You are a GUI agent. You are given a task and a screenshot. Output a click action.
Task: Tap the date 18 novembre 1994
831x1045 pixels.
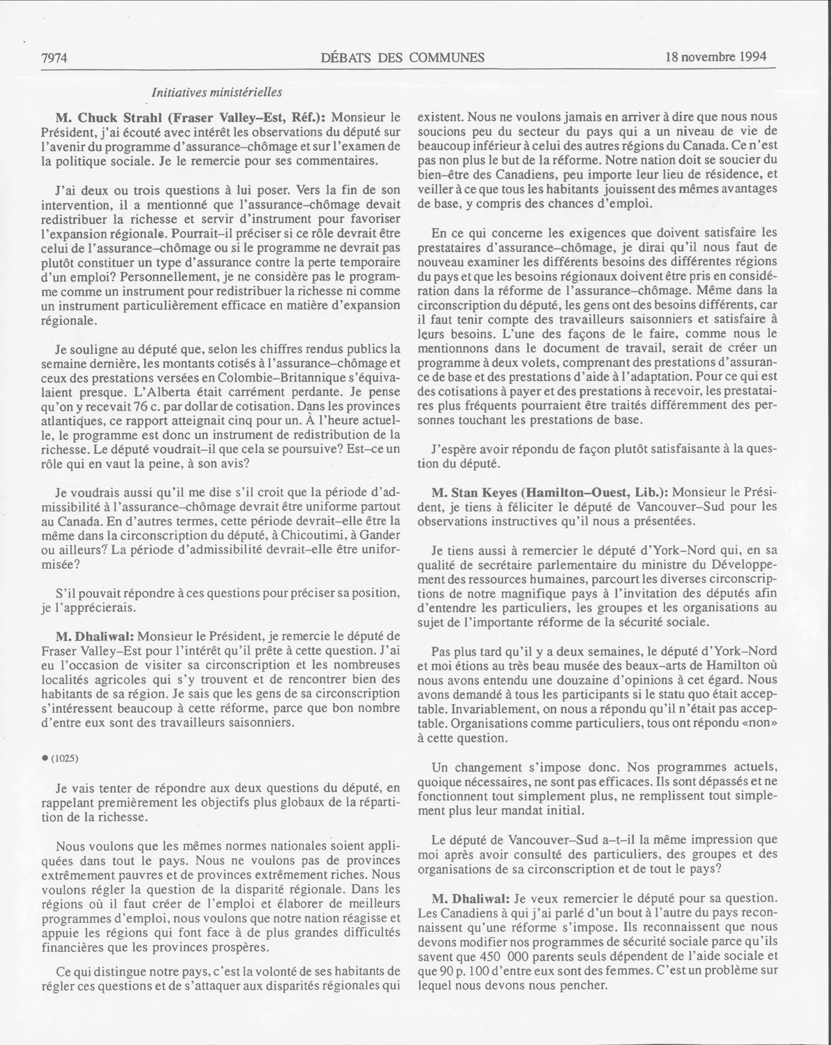(x=715, y=57)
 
